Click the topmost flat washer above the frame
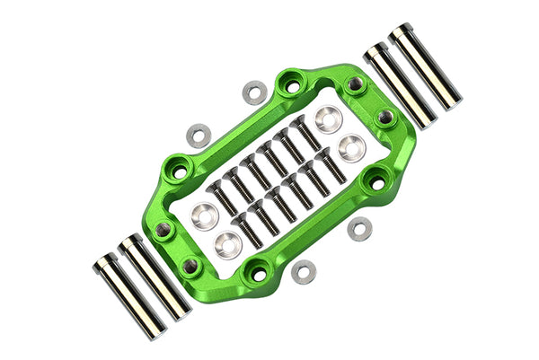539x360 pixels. [255, 92]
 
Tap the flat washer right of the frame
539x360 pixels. [359, 230]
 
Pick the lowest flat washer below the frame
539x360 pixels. [305, 271]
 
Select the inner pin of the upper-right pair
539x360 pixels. [399, 85]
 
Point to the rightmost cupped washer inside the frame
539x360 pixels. [351, 148]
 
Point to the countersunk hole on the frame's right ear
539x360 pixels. [377, 184]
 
